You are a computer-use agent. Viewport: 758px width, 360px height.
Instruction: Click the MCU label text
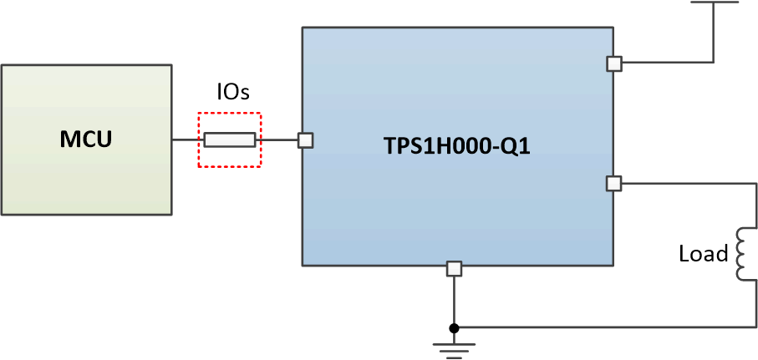85,139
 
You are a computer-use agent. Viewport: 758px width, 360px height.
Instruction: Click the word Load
703,254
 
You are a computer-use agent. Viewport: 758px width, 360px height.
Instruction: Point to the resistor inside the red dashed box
229,140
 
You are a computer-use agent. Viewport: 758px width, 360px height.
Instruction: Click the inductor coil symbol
740,254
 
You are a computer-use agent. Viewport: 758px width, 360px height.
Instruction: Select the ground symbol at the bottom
454,347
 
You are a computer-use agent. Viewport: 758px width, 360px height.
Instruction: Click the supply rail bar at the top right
714,3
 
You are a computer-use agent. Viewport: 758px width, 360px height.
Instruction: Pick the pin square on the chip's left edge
305,140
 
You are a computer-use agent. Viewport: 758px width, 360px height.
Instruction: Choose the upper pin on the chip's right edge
614,63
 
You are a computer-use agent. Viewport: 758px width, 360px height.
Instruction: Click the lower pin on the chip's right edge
614,183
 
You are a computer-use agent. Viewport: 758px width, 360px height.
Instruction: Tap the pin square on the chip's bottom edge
454,268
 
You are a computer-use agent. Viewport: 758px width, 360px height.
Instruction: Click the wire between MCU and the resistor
186,140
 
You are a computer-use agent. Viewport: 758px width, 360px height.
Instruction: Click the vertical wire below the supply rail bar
714,33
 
